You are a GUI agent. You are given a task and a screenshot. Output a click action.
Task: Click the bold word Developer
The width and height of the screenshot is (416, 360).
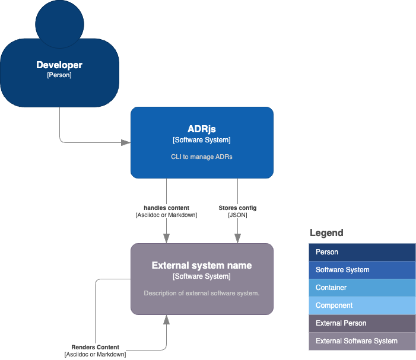pos(59,65)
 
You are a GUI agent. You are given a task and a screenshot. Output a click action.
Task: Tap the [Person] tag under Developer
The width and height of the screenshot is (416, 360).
pos(59,75)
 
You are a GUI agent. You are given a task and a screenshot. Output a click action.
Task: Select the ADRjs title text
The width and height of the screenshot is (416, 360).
pos(202,129)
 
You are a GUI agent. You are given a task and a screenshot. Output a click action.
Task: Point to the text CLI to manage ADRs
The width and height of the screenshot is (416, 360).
pos(202,157)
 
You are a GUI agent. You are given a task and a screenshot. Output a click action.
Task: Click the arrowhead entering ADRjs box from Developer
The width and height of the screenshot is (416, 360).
pos(126,142)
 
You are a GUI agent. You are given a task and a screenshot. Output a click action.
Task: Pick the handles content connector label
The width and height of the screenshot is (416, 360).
pos(166,208)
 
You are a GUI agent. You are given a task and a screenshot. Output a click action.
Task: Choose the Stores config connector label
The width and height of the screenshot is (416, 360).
pos(237,208)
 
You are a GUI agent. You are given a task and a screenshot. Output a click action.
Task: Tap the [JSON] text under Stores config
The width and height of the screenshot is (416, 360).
pos(237,215)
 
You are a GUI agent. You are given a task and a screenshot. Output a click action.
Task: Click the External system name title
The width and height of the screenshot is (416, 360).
pos(202,265)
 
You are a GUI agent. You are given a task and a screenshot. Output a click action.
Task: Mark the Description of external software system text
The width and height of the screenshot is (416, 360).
pos(202,294)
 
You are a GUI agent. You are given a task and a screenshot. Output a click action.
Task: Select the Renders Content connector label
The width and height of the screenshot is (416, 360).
pos(95,347)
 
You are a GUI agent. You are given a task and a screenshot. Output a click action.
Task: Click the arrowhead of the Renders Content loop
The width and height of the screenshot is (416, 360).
pos(166,320)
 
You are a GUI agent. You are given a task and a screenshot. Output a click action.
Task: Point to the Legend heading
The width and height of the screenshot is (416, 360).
pos(326,233)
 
